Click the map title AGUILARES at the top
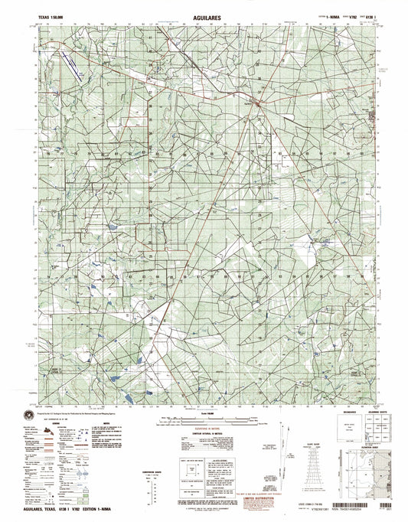204,14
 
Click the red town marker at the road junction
259,102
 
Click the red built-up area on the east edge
374,116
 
